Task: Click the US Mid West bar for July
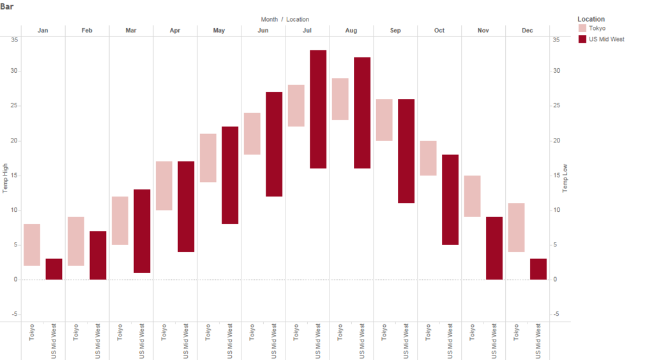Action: (x=318, y=109)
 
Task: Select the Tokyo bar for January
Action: (x=32, y=245)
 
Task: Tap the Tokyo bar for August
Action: (x=340, y=99)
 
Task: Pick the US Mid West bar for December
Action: (x=538, y=269)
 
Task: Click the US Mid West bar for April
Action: (x=186, y=207)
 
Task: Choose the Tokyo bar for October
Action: (x=429, y=158)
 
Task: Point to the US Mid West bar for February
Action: (x=98, y=255)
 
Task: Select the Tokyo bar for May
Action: (x=208, y=158)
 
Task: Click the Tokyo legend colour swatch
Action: (x=582, y=28)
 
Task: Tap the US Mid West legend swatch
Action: (x=582, y=39)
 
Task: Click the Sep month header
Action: (x=395, y=31)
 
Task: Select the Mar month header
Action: (x=131, y=31)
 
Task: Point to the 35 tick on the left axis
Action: (x=15, y=40)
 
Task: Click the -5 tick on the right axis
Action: (x=556, y=314)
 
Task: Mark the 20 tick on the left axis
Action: (x=15, y=140)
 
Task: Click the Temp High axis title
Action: (x=6, y=179)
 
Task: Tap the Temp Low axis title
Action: (x=565, y=179)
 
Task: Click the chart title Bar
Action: (x=7, y=6)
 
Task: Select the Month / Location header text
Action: (x=285, y=19)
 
